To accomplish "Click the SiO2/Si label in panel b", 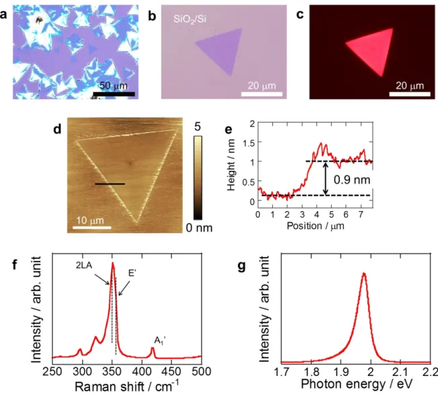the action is coord(189,19).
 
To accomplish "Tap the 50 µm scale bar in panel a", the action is coord(114,94).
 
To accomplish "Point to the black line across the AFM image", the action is coord(109,184).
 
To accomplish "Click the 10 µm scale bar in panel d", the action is coord(92,228).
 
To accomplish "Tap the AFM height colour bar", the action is coord(198,178).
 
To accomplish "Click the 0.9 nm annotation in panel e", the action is coord(352,180).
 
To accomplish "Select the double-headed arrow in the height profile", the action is coord(325,178).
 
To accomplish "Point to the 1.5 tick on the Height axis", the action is coord(249,142).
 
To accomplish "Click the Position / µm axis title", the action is coord(315,226).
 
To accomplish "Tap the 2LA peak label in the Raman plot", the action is coord(84,265).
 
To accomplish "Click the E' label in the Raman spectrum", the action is coord(132,273).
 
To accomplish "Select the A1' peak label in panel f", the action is coord(160,341).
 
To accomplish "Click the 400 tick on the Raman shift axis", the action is coord(142,371).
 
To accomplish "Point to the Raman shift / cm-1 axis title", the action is coord(127,386).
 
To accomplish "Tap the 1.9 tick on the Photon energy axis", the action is coord(341,372).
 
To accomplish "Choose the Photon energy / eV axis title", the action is coord(357,384).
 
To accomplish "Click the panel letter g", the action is coord(241,266).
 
